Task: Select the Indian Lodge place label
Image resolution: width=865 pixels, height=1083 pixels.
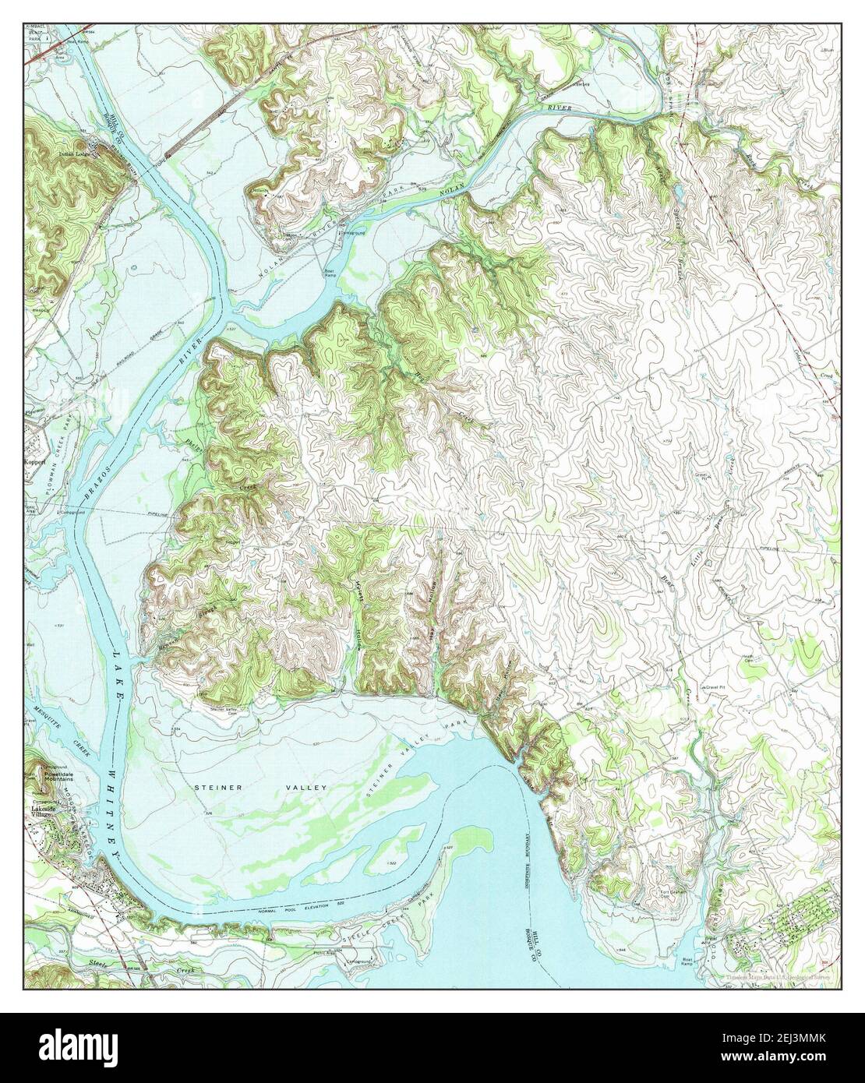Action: coord(75,154)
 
